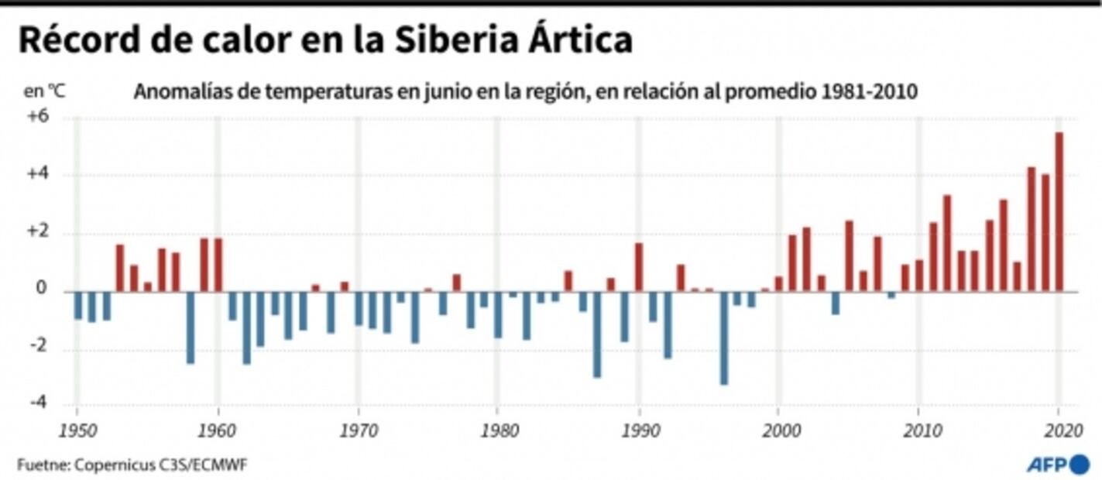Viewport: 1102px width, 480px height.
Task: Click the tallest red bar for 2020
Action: point(1059,212)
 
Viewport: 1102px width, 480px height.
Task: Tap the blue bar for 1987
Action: point(597,334)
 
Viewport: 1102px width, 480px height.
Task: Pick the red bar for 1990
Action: point(639,267)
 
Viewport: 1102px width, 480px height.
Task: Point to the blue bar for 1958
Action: point(191,327)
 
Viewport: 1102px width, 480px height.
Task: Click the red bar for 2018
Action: point(1031,229)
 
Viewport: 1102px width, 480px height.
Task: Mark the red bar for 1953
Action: point(120,268)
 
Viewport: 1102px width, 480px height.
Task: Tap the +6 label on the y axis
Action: point(39,117)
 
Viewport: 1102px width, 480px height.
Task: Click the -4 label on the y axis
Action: point(39,403)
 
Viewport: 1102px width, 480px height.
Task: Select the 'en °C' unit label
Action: point(45,91)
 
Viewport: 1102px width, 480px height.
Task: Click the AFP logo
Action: point(1057,465)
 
